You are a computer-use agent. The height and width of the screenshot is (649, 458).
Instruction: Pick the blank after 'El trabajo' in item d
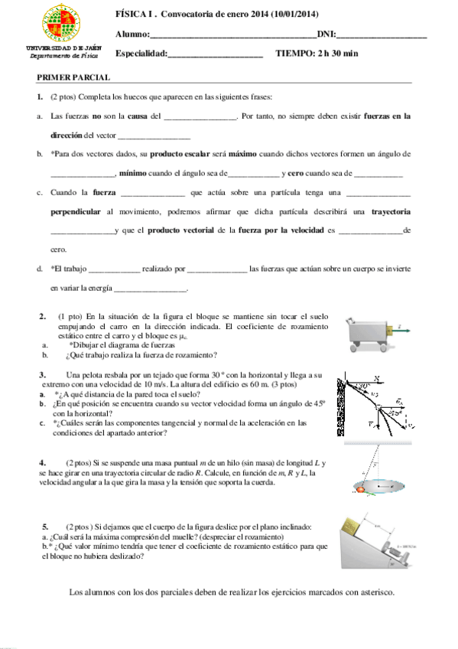(x=115, y=269)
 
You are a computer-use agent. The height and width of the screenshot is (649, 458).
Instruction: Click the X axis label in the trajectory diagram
(x=377, y=377)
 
